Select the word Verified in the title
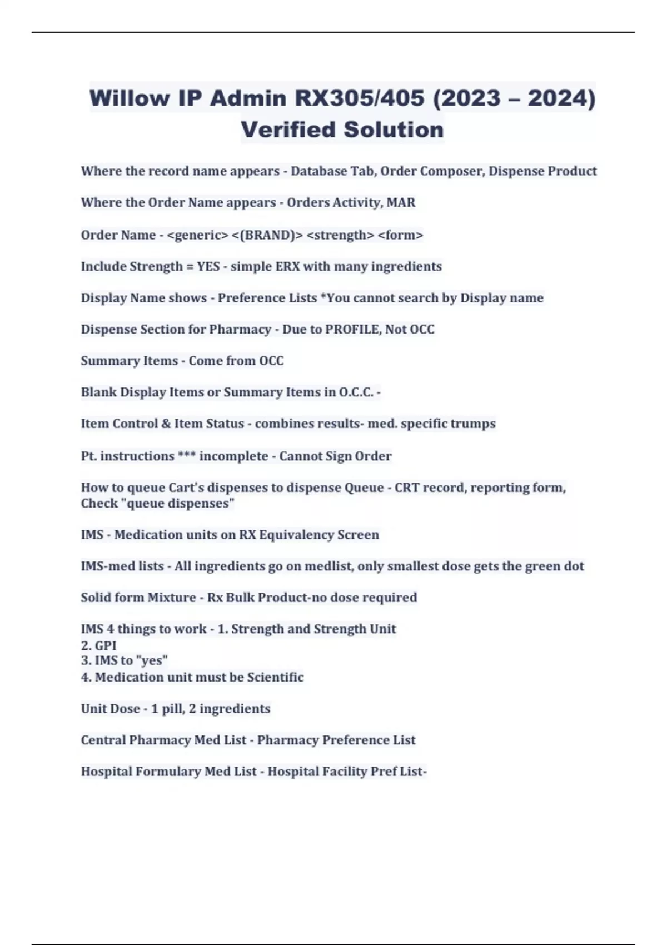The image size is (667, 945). pos(287,130)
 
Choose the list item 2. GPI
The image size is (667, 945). pos(98,646)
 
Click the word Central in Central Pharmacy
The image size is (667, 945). pos(103,740)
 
